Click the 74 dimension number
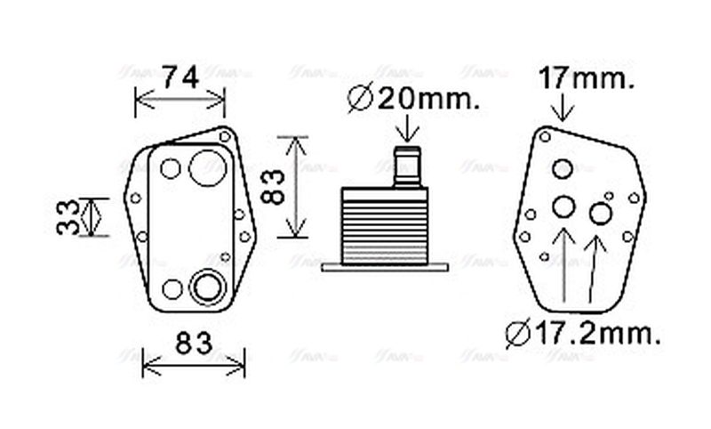[x=180, y=78]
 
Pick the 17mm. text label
[x=587, y=80]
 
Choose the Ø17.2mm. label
[x=583, y=334]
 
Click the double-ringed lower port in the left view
[x=207, y=287]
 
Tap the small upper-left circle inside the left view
[x=171, y=168]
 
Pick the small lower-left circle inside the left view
[x=172, y=288]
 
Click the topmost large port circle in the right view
[x=563, y=169]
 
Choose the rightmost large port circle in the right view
[x=601, y=214]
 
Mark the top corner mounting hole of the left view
[x=226, y=136]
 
